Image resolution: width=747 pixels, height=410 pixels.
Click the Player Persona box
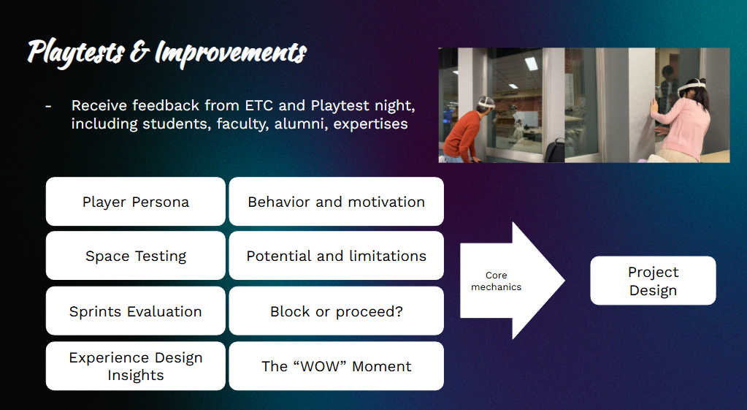(136, 202)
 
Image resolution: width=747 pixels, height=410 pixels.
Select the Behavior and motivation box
(337, 202)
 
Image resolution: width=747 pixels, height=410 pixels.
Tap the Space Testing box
(136, 256)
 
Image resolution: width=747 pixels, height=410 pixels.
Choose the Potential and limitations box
(337, 256)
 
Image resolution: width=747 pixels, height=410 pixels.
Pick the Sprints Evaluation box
(136, 311)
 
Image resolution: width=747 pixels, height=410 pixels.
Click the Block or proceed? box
(337, 311)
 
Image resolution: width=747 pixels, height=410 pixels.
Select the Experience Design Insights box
(136, 366)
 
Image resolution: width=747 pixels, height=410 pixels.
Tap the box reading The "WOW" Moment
(337, 366)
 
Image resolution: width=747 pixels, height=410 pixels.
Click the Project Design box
(653, 281)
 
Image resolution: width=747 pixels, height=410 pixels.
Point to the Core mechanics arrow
(512, 281)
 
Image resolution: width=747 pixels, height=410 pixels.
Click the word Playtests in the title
(76, 53)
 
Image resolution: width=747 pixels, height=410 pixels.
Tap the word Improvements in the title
(231, 53)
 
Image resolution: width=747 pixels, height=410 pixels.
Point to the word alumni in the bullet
(300, 124)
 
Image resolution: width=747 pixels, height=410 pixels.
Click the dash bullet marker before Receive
(48, 106)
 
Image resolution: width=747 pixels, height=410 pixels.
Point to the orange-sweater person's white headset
(486, 102)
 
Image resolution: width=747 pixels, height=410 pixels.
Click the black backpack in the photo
(554, 150)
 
